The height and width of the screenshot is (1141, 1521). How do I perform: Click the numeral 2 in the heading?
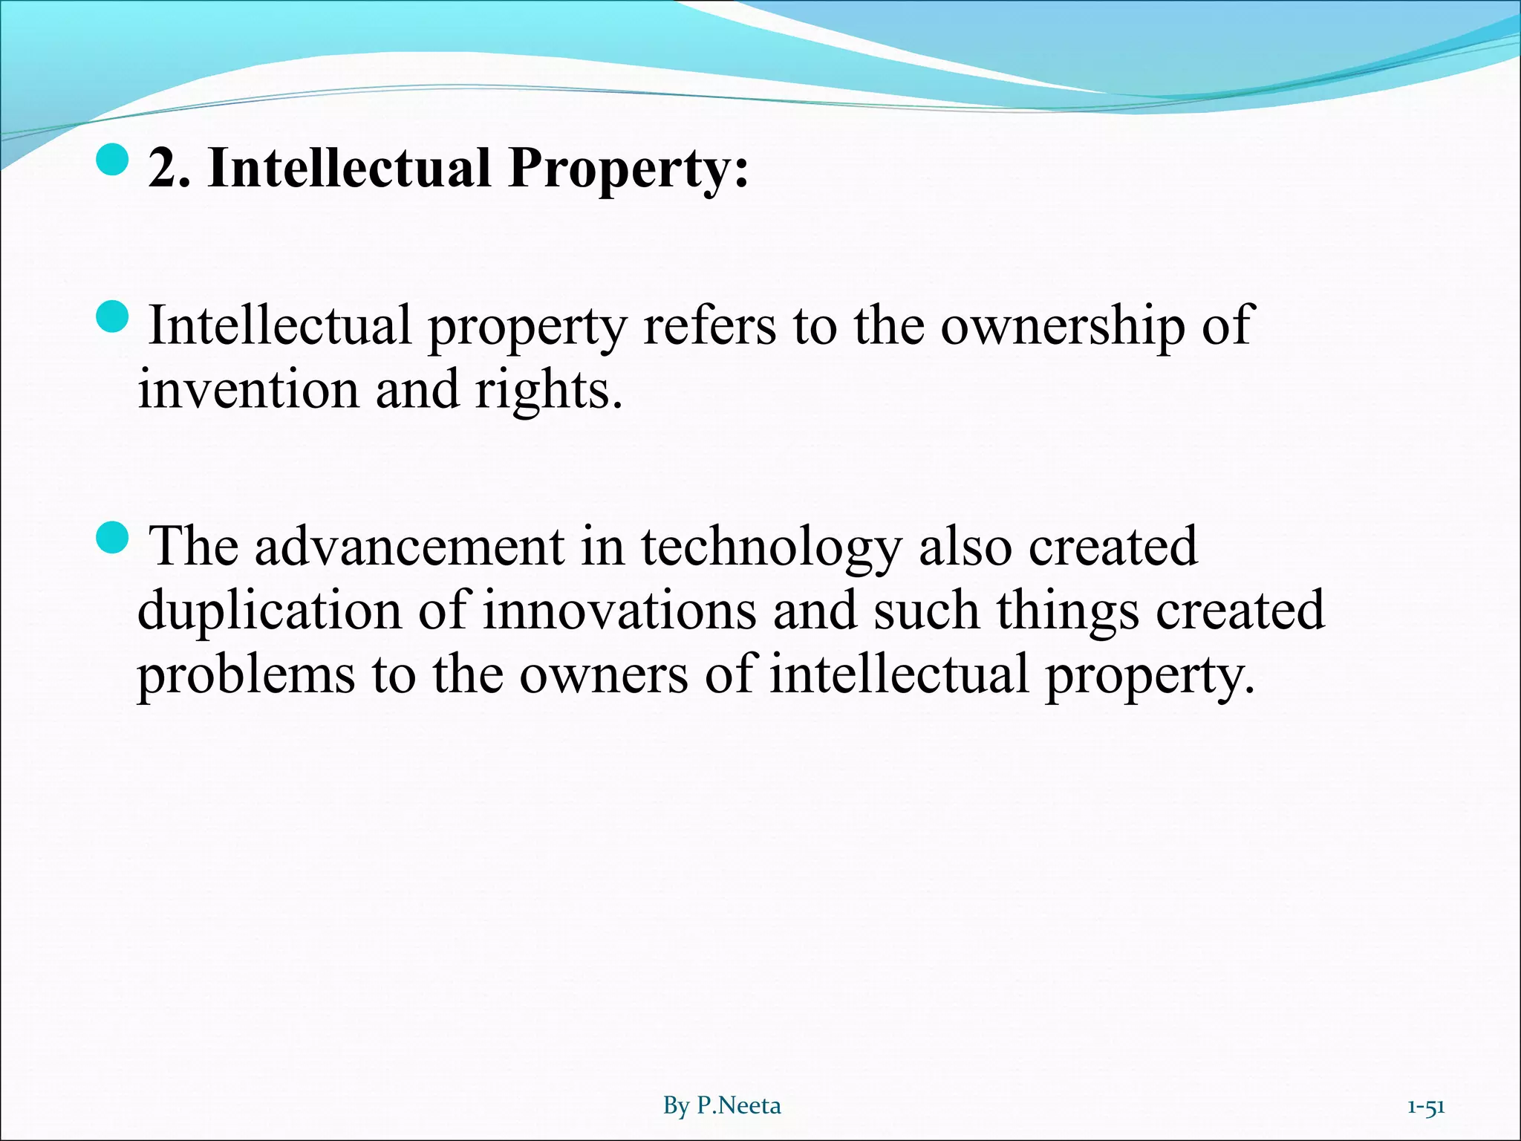coord(163,168)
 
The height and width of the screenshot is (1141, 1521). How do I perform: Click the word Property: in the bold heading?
coord(628,169)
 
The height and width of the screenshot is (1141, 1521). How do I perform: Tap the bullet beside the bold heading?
coord(113,159)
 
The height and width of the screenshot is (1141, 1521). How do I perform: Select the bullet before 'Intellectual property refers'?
coord(113,317)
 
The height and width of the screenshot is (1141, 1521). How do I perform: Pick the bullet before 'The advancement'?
coord(113,537)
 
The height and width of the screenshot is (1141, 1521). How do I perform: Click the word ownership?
coord(1063,327)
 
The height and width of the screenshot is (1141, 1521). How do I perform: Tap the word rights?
coord(548,391)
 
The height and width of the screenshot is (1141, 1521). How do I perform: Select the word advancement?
coord(409,547)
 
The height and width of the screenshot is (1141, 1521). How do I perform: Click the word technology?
coord(771,548)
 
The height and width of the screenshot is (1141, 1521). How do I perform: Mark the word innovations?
coord(620,611)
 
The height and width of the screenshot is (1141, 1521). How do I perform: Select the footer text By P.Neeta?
coord(722,1105)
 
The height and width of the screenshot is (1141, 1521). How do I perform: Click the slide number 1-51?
coord(1426,1106)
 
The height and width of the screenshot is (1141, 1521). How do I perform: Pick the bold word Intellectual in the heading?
coord(350,168)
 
